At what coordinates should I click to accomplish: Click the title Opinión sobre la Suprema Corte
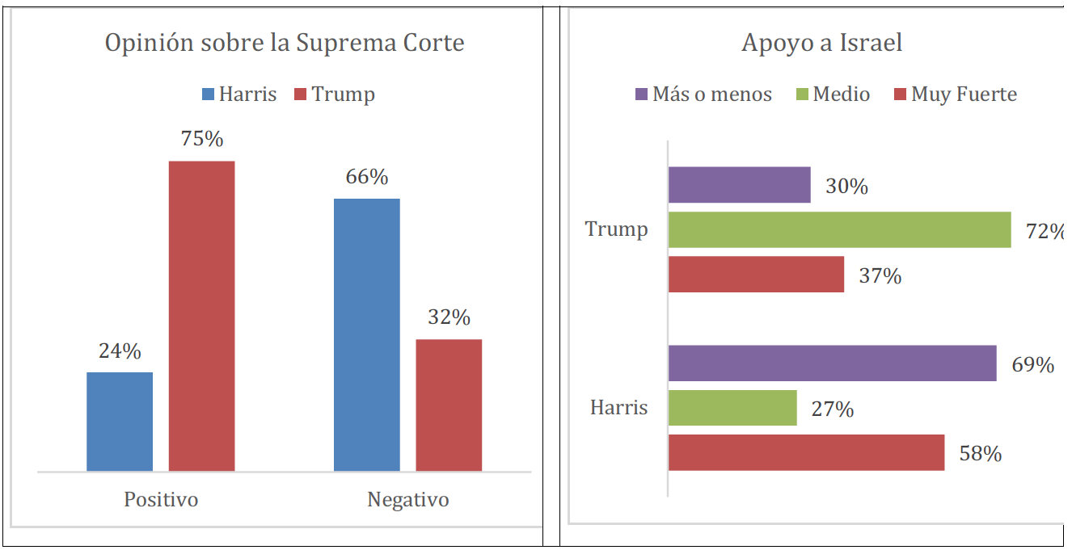285,43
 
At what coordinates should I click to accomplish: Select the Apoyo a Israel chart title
821,43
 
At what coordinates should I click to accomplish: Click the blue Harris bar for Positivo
120,421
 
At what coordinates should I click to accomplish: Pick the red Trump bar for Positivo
201,316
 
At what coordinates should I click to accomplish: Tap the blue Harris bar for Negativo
367,334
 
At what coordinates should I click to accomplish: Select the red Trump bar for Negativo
449,405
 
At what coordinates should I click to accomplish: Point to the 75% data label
202,139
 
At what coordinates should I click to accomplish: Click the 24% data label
120,351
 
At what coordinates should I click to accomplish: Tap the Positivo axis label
161,499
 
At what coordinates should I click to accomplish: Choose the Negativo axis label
408,499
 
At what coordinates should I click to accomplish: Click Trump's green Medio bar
839,229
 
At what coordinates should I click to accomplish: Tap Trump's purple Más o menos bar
739,185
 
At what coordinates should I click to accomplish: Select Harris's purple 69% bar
832,363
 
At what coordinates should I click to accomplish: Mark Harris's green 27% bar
732,408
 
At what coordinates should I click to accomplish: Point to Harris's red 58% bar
806,452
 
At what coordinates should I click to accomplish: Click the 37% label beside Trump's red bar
880,276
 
